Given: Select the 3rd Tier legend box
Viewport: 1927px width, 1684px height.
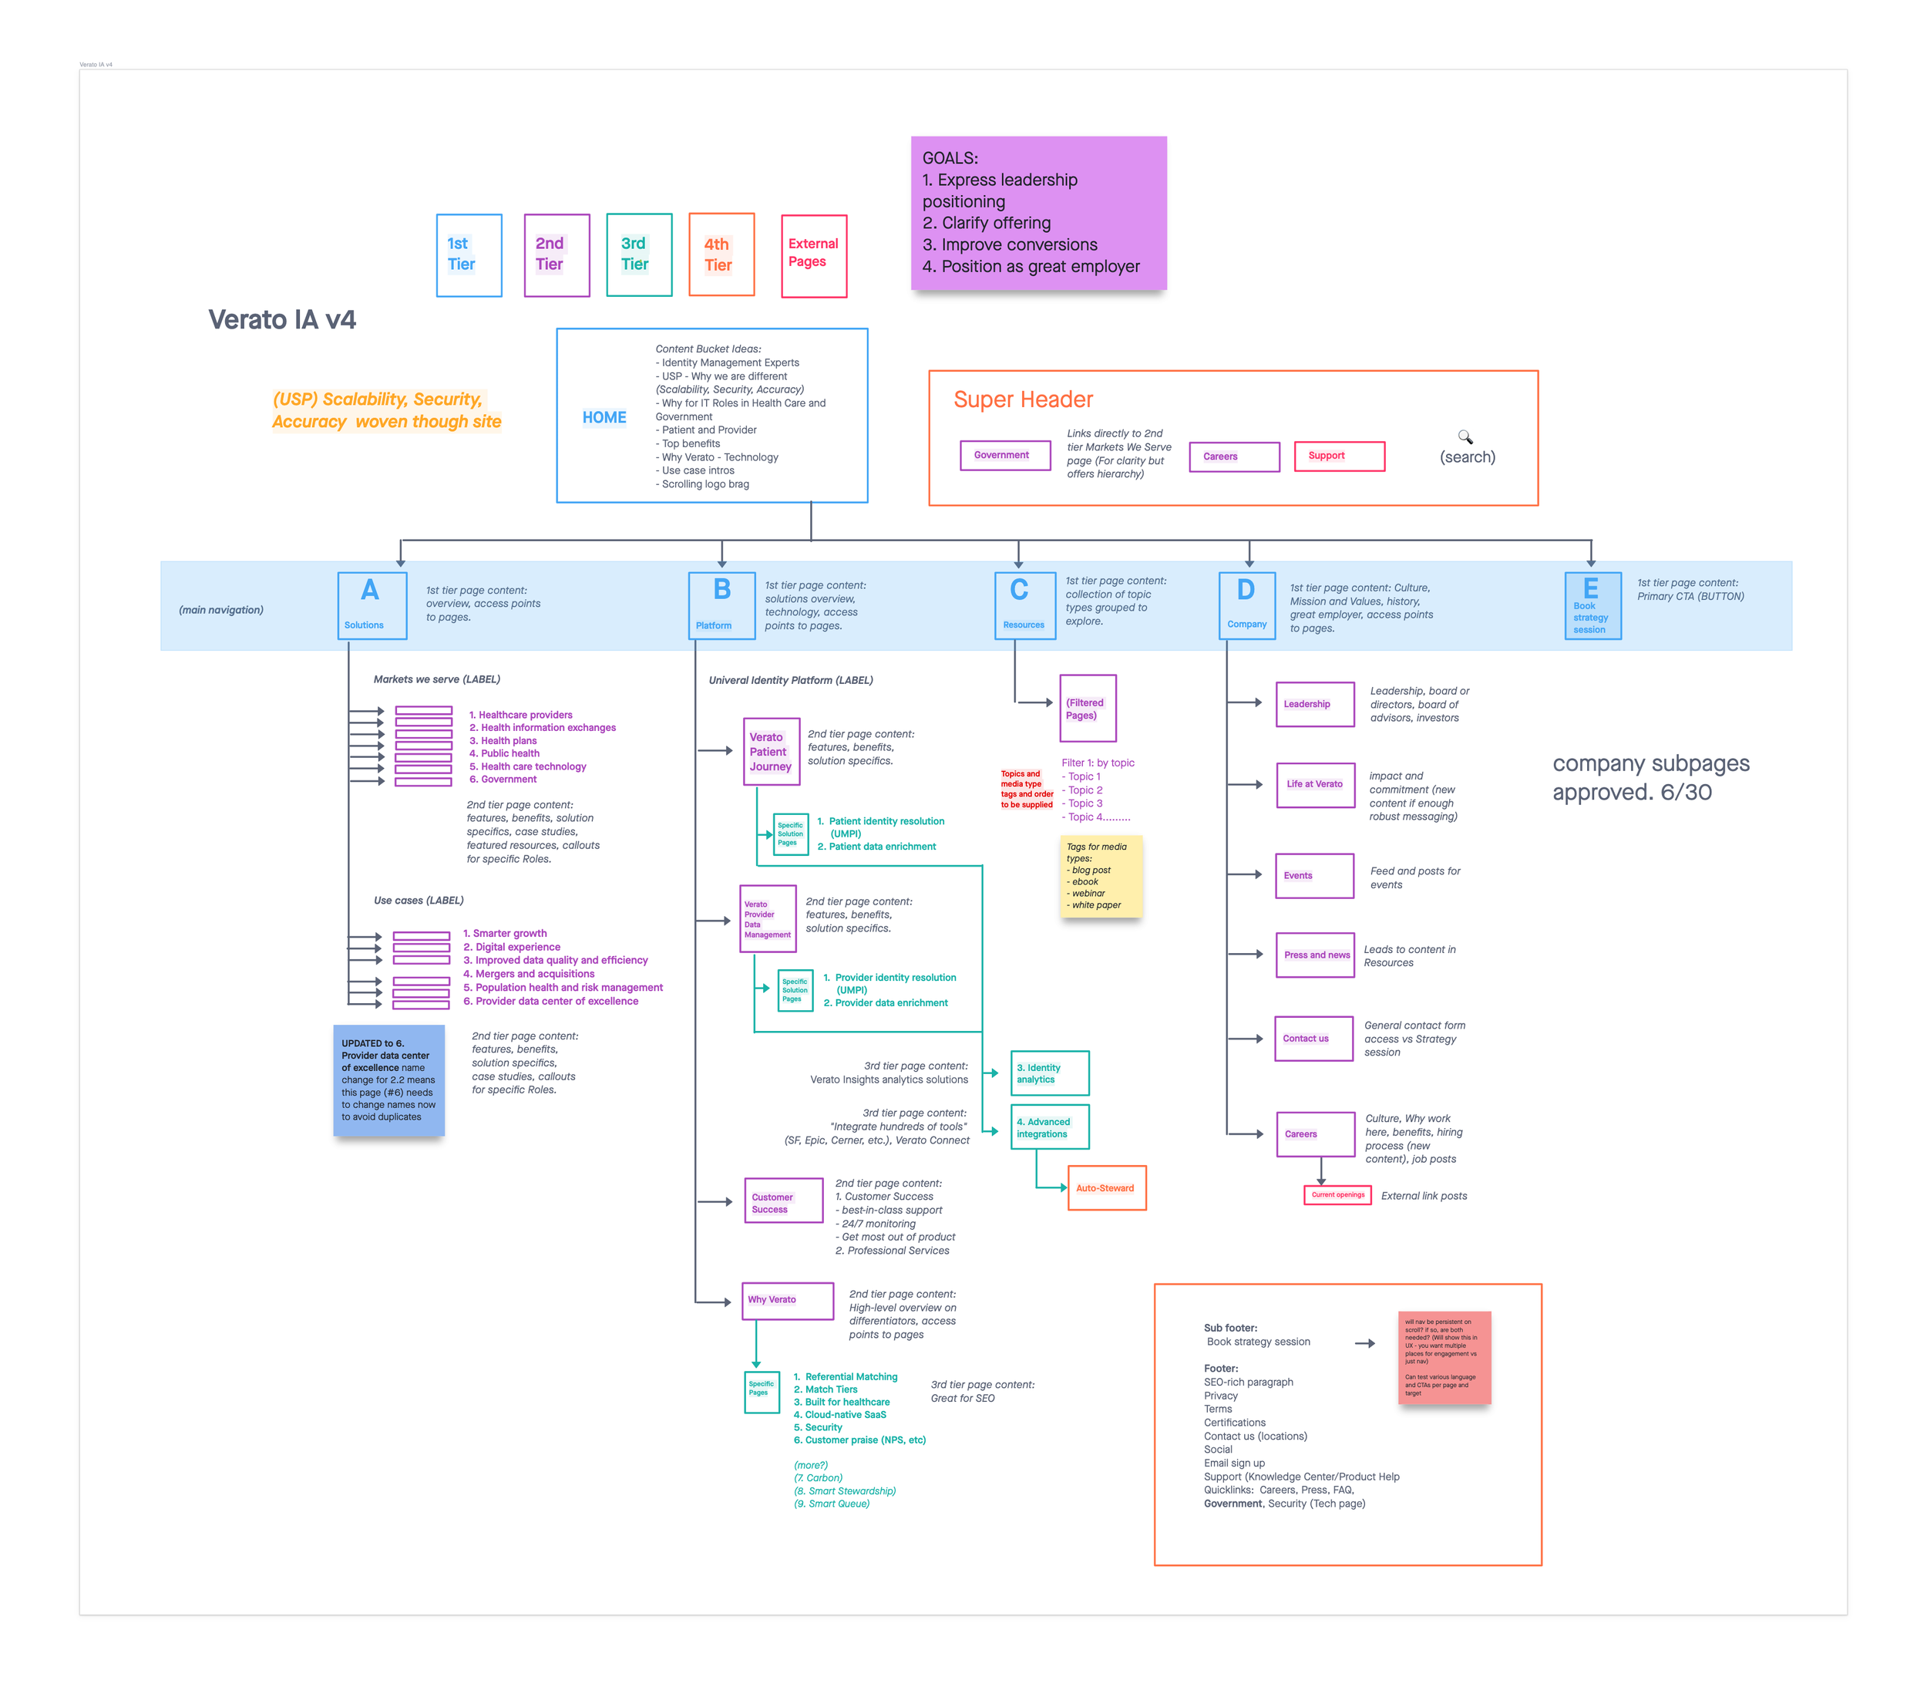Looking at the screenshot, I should pos(639,254).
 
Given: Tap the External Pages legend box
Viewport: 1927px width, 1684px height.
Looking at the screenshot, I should pos(814,256).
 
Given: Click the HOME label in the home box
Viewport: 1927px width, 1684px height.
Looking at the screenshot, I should pos(604,417).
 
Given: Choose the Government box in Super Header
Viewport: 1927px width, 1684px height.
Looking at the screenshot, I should pos(1004,455).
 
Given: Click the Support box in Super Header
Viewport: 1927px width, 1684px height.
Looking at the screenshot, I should pos(1338,456).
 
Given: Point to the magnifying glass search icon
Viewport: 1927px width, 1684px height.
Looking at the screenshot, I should pos(1465,437).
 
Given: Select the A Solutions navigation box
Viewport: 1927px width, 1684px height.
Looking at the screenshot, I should pos(372,605).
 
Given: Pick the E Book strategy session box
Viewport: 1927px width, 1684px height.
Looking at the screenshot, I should pos(1592,605).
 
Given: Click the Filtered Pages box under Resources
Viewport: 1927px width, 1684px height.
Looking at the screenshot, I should pos(1087,709).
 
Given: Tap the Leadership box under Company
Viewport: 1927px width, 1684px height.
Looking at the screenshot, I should pos(1314,704).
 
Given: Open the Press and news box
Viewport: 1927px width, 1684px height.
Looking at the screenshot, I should pos(1314,955).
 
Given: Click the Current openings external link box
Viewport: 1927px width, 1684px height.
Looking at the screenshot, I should pos(1337,1195).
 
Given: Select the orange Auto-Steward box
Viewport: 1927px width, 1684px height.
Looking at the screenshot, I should pos(1106,1187).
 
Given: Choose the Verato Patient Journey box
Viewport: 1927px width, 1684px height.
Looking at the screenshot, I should pos(771,751).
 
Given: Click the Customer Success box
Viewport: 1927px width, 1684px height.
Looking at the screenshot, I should pos(782,1201).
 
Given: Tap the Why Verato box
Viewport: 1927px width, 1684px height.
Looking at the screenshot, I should pos(787,1300).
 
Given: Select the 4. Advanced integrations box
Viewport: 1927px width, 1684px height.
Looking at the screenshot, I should pos(1050,1127).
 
